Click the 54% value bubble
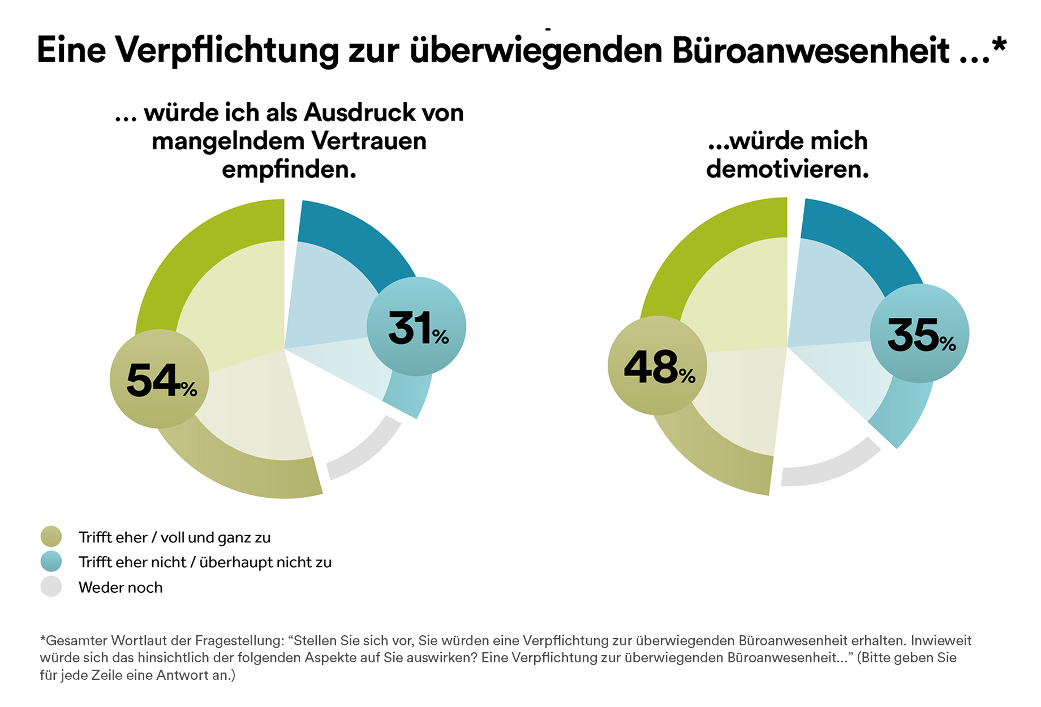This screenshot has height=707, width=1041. [x=159, y=379]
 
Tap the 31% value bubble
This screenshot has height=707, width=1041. [x=416, y=326]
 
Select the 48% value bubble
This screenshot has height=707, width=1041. [x=657, y=365]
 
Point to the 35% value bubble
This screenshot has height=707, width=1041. [x=919, y=334]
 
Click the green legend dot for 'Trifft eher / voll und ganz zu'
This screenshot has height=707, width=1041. [x=51, y=537]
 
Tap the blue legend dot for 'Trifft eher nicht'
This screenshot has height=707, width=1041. [x=51, y=562]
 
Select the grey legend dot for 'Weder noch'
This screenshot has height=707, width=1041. [x=51, y=587]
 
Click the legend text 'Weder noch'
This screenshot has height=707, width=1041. [x=121, y=588]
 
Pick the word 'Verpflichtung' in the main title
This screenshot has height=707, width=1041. [x=227, y=50]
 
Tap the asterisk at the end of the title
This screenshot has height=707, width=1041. [x=999, y=44]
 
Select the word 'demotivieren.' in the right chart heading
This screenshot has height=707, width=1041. [x=787, y=169]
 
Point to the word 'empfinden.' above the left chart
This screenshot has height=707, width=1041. [x=289, y=169]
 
